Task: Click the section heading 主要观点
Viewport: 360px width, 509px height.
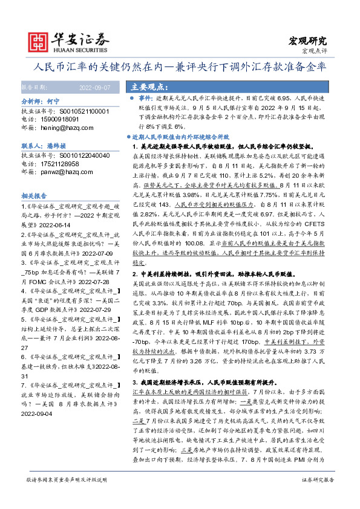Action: (147, 86)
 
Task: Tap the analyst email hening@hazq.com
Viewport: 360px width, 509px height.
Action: (62, 128)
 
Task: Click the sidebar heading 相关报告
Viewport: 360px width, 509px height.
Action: (34, 196)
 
